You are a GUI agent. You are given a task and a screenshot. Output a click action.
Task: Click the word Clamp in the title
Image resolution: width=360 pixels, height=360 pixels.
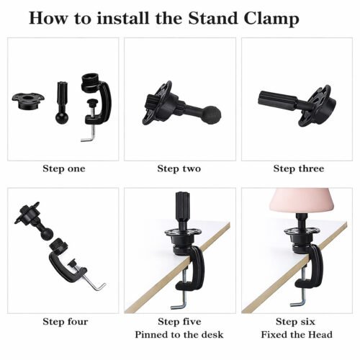point(271,19)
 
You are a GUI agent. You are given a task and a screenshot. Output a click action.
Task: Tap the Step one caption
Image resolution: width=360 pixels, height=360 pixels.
point(64,168)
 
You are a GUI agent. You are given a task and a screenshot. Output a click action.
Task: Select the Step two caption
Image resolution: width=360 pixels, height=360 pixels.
point(179,168)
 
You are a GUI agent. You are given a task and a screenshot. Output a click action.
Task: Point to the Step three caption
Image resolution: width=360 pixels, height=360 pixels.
point(299,168)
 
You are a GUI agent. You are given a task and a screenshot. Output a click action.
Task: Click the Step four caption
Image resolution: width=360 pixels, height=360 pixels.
point(66,322)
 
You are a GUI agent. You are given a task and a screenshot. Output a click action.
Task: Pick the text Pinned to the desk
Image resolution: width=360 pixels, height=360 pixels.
point(179,335)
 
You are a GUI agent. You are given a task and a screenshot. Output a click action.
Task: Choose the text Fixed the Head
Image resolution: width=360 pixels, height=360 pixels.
point(297,335)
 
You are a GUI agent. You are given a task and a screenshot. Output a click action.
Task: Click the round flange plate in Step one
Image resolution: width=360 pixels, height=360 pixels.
point(28,101)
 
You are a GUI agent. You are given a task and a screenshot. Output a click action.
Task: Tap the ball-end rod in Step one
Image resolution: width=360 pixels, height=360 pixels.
point(62,103)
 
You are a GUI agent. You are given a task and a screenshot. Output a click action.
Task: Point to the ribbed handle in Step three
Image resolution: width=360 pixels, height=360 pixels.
point(277,99)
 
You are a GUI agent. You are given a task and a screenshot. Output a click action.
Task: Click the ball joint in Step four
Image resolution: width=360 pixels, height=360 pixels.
point(47,234)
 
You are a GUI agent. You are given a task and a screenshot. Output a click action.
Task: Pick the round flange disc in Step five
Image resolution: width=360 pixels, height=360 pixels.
point(183,233)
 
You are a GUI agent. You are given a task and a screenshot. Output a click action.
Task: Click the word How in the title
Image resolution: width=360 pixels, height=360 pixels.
point(48,18)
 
